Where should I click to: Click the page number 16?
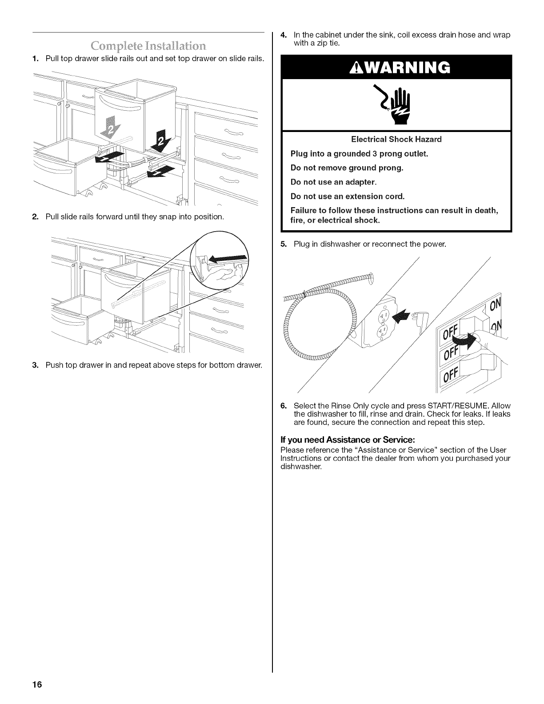click(36, 685)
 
